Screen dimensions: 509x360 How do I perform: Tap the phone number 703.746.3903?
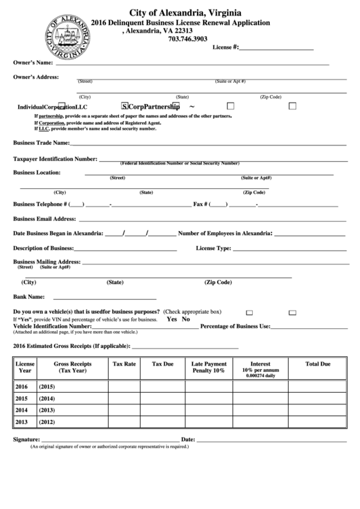[x=187, y=39]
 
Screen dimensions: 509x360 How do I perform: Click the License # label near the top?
[x=226, y=48]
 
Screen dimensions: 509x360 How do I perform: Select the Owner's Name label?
[x=33, y=63]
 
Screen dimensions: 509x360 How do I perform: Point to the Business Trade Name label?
[x=41, y=143]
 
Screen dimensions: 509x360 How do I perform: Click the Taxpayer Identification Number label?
[x=55, y=159]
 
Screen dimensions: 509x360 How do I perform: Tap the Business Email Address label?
[x=45, y=219]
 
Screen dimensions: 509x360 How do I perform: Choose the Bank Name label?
[x=29, y=297]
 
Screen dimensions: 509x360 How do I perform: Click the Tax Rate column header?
[x=124, y=364]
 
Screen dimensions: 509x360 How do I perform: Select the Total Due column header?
[x=317, y=364]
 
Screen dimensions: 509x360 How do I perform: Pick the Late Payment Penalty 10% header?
[x=209, y=368]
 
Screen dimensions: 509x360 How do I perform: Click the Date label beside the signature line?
[x=189, y=439]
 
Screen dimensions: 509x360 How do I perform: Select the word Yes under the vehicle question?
[x=172, y=319]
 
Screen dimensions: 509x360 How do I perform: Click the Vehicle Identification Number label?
[x=52, y=326]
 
